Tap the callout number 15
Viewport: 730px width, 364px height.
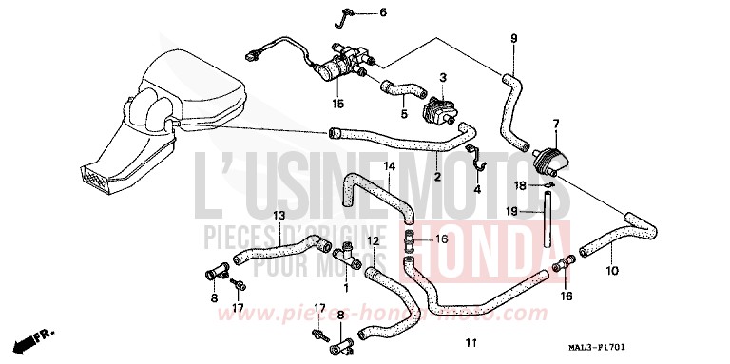pyautogui.click(x=336, y=103)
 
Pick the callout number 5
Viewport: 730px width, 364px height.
pyautogui.click(x=404, y=115)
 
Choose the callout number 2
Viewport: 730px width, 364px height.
pyautogui.click(x=437, y=177)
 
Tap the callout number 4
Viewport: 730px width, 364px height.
pyautogui.click(x=477, y=188)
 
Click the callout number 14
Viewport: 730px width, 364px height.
pyautogui.click(x=390, y=167)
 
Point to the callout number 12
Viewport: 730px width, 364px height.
pyautogui.click(x=374, y=242)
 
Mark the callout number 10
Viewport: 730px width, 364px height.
pyautogui.click(x=612, y=271)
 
